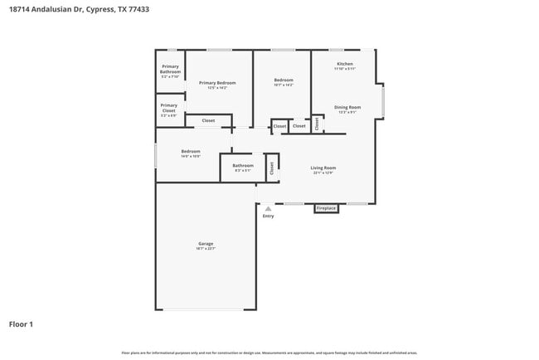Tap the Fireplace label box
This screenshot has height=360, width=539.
pos(326,208)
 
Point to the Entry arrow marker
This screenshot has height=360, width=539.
pos(268,209)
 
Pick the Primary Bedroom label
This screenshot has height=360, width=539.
pos(217,84)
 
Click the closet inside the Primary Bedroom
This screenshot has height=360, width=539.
pos(208,121)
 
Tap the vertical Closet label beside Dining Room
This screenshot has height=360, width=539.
pos(317,124)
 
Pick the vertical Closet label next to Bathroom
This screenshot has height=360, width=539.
pos(271,168)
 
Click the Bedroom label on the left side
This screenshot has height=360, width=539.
pos(191,153)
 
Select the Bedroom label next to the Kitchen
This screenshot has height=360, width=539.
pos(284,82)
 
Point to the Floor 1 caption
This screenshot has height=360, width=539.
pos(21,324)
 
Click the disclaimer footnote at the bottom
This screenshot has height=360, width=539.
pos(269,353)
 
